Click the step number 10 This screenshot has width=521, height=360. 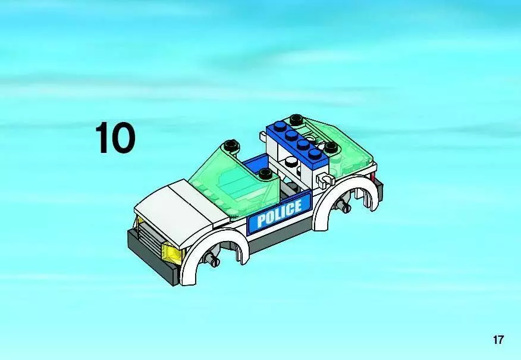(x=115, y=137)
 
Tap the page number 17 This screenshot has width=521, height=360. (x=498, y=340)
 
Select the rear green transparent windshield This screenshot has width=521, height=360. (x=346, y=146)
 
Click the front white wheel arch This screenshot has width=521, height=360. (x=213, y=246)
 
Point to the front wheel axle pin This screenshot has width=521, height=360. (x=211, y=258)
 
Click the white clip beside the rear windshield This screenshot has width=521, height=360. (x=325, y=180)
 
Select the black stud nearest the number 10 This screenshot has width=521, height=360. (x=230, y=145)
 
